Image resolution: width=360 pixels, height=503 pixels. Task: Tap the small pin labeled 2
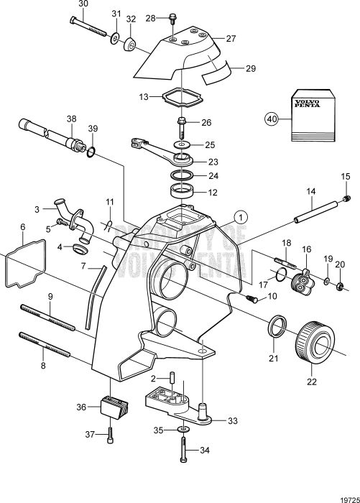tap(172, 377)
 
